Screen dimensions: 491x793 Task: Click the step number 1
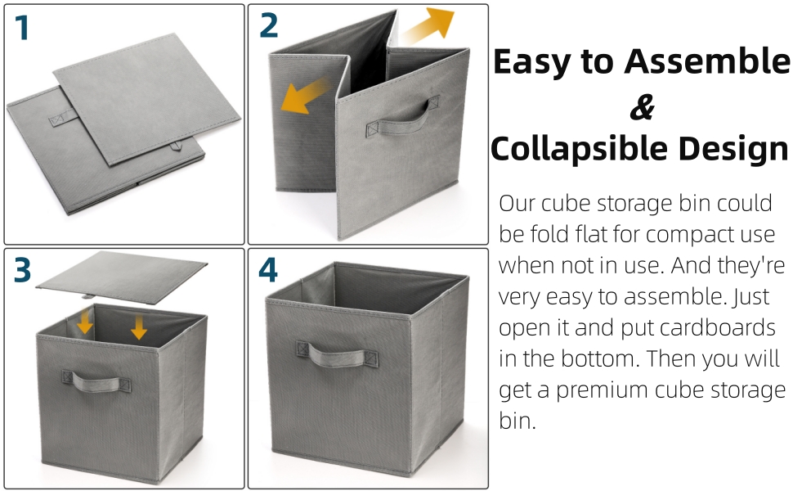click(x=22, y=29)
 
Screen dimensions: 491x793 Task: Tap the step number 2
click(x=268, y=26)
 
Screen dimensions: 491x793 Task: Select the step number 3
click(x=23, y=269)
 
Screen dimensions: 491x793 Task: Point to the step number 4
click(x=268, y=270)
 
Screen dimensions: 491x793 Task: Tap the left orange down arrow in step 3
click(x=85, y=325)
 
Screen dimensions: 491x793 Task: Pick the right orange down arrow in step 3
click(x=139, y=327)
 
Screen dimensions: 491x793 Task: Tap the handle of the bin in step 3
click(x=96, y=381)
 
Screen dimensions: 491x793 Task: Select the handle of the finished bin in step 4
click(x=337, y=354)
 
